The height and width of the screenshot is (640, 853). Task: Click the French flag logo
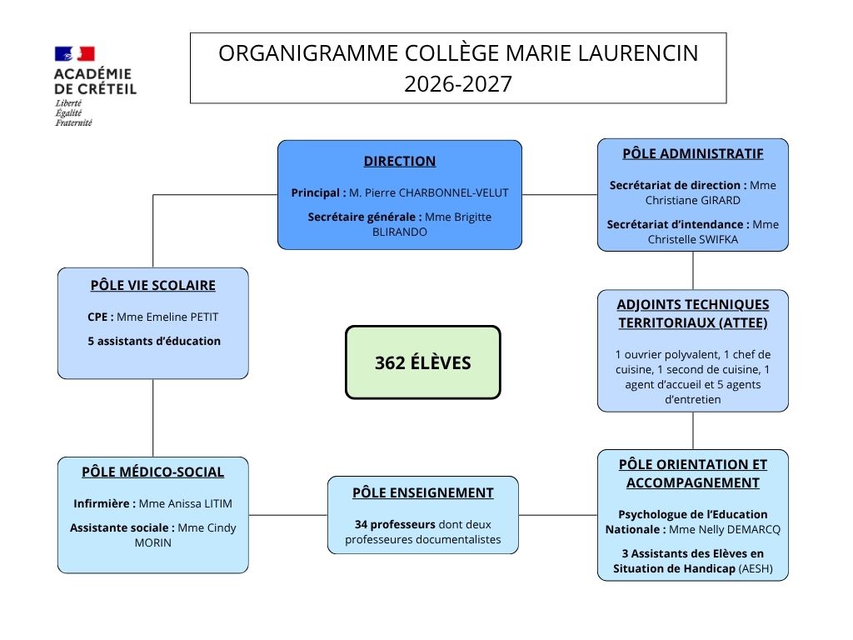(x=74, y=53)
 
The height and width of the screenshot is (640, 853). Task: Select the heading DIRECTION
(x=400, y=161)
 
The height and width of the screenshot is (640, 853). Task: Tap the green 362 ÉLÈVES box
(x=422, y=362)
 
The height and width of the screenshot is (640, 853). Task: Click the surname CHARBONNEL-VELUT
(x=454, y=192)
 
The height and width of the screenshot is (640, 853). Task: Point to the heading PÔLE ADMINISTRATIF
(x=692, y=153)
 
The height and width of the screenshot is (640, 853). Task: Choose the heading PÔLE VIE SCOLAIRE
(x=153, y=285)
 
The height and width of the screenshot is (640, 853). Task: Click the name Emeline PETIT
(x=182, y=317)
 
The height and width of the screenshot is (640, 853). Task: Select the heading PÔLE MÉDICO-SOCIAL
(x=153, y=472)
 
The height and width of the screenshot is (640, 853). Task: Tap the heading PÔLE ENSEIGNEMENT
(x=422, y=492)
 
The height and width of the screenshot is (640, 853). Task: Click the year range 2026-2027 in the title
(x=458, y=84)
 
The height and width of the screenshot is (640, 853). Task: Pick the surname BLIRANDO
(x=399, y=232)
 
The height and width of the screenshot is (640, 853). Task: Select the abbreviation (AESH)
(x=756, y=568)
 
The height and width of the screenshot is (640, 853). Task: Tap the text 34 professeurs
(x=395, y=525)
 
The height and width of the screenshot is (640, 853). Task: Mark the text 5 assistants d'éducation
(x=154, y=341)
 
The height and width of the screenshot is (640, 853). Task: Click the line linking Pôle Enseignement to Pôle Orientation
(x=557, y=515)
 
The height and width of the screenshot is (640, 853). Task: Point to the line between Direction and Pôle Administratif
(x=559, y=194)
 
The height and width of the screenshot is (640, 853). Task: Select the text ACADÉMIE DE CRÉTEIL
(x=95, y=81)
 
